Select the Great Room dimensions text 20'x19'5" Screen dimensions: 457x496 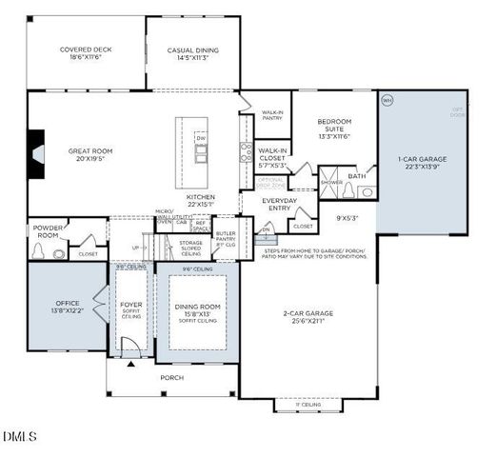91,159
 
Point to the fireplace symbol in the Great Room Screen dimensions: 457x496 35,152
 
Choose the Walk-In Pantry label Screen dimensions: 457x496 272,115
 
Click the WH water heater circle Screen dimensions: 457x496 387,100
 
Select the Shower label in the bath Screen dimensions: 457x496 331,181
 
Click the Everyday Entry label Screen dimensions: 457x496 280,205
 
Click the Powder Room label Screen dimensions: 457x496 47,231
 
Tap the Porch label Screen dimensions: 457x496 171,377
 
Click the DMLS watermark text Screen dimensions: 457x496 20,437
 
